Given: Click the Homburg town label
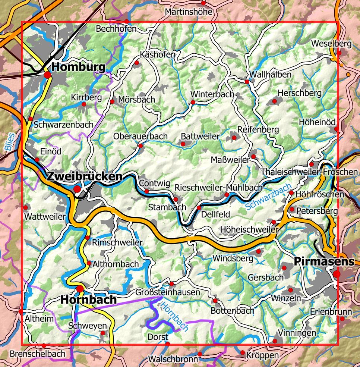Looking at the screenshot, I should coord(79,67).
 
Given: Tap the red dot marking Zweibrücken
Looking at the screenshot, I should coord(77,189).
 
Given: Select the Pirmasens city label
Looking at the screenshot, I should coord(324,261).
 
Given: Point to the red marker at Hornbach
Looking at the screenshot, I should coord(80,289).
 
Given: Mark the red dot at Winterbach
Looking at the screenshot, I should coord(193,102).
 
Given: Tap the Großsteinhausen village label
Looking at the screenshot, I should coord(168,292).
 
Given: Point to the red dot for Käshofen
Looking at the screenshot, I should coord(136,63).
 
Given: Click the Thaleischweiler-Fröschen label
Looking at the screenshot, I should coord(309,172).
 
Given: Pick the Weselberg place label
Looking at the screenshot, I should coord(331,44).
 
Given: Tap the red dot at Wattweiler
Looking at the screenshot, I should coord(26,207).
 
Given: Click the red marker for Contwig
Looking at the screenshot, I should coord(146,191).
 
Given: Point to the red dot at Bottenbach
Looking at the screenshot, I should coord(215,301).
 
